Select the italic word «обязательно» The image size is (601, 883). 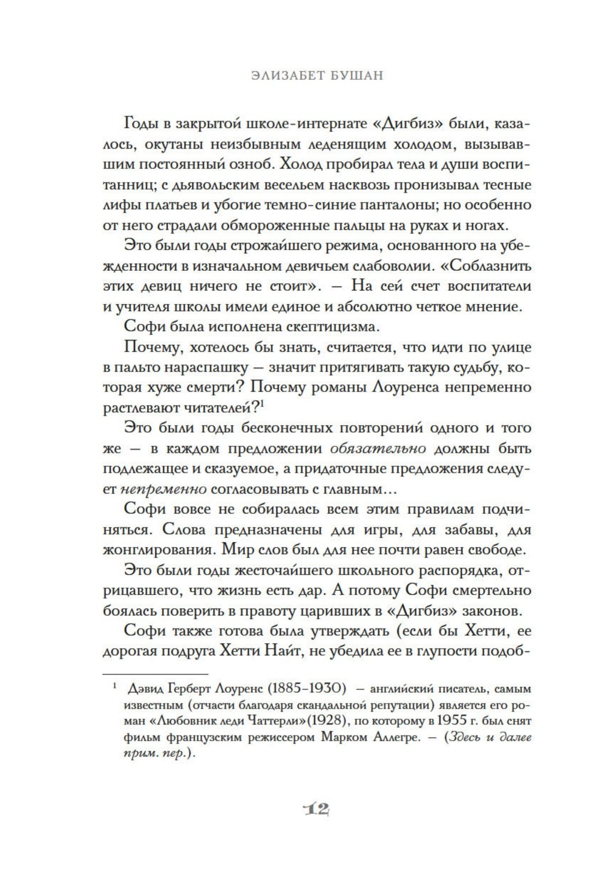[379, 449]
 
